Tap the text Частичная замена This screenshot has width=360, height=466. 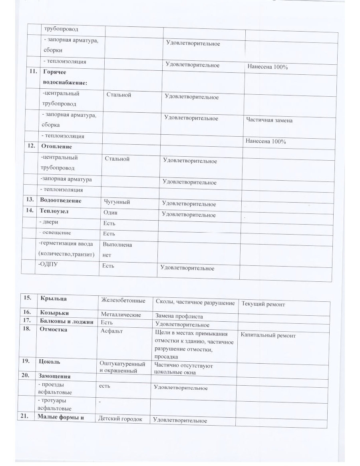[x=269, y=120]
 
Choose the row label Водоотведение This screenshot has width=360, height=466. [x=60, y=201]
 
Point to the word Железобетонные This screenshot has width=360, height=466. [x=123, y=300]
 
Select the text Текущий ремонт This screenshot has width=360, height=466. [x=263, y=305]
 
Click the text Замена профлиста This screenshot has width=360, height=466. [x=179, y=317]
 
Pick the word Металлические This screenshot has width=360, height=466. [x=121, y=315]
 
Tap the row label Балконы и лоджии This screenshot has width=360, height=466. [x=66, y=321]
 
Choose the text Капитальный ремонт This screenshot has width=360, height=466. [x=269, y=336]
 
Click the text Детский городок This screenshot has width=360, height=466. [x=120, y=419]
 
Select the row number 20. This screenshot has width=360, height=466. [x=28, y=376]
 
